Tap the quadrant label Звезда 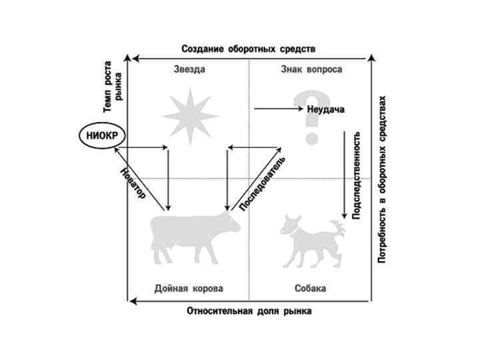click(188, 69)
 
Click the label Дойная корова click(189, 289)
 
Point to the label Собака click(311, 289)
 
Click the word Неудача click(326, 109)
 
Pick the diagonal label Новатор click(133, 182)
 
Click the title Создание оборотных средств click(249, 49)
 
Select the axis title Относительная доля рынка click(249, 311)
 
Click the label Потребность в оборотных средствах click(382, 179)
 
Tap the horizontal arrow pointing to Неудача click(279, 108)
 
